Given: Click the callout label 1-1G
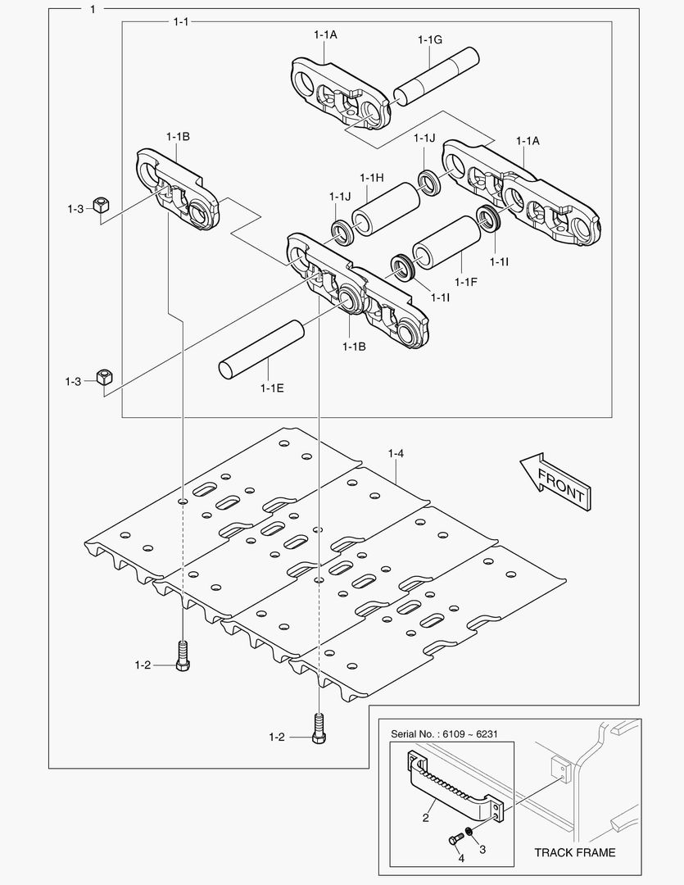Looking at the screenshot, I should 429,39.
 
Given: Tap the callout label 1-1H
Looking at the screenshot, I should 372,178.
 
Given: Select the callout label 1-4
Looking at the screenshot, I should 396,453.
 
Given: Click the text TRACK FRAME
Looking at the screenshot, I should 574,852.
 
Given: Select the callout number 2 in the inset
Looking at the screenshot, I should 425,818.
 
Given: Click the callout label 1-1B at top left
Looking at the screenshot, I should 178,136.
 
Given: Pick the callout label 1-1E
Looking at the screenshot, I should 272,387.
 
